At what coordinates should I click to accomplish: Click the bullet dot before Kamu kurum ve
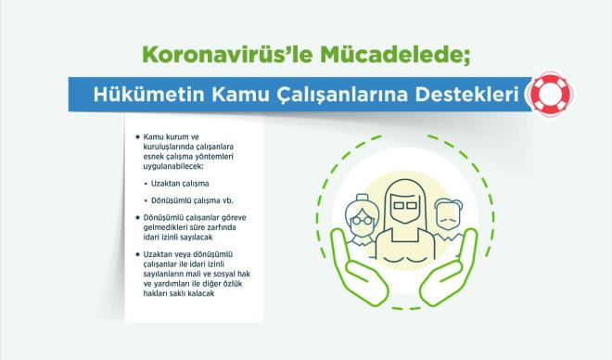pos(138,135)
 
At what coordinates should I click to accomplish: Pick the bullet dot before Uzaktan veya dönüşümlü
pos(138,255)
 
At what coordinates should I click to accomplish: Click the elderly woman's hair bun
pos(356,198)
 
